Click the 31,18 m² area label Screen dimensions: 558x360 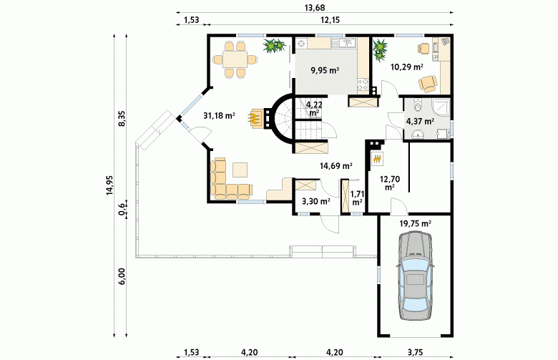point(219,115)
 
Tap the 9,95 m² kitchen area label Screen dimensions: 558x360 point(325,70)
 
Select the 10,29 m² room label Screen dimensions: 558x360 point(407,67)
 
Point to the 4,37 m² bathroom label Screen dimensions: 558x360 point(420,121)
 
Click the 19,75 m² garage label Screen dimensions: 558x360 point(416,223)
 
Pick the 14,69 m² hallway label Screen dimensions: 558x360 point(336,165)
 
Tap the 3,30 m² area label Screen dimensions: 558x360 point(316,202)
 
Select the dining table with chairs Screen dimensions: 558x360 point(235,59)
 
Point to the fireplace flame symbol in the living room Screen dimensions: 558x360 point(254,118)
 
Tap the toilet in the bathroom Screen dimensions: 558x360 point(418,104)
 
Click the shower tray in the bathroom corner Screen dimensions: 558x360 point(441,108)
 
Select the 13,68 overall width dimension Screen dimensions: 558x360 point(315,7)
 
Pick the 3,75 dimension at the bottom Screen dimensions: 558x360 point(415,353)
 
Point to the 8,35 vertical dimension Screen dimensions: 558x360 point(122,119)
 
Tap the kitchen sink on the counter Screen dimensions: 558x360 point(344,43)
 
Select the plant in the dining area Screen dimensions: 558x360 point(274,45)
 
